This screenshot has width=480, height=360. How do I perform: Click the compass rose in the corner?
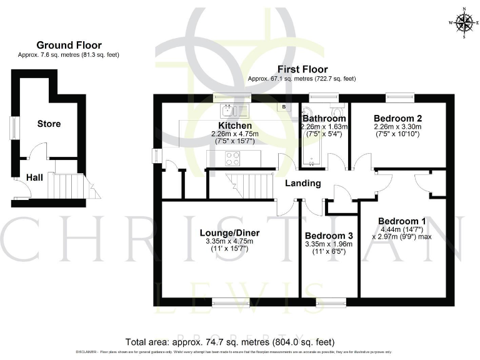[x=463, y=22]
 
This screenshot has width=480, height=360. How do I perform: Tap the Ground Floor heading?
[x=69, y=45]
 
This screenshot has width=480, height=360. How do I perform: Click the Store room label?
[x=49, y=124]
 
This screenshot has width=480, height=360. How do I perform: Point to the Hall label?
[x=34, y=178]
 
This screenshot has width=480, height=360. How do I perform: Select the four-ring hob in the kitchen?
[x=232, y=159]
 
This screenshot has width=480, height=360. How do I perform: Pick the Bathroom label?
[x=324, y=118]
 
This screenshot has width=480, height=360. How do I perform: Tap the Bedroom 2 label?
[x=397, y=118]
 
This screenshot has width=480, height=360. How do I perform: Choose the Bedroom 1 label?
[x=402, y=221]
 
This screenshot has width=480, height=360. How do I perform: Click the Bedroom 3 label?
[x=328, y=236]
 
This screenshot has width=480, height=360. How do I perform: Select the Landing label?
[x=303, y=183]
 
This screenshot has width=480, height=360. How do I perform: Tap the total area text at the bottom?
[x=230, y=342]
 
